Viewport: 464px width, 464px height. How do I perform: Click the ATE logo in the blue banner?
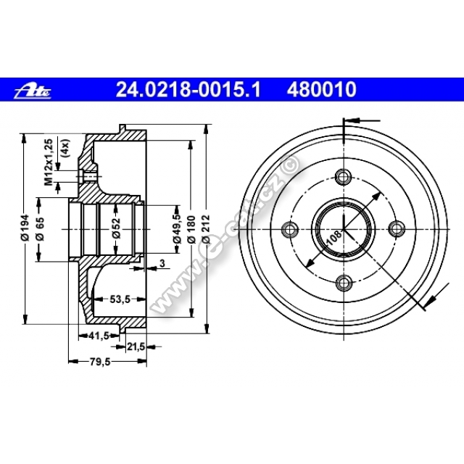click(x=33, y=90)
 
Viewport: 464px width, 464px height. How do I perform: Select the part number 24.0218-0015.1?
click(x=188, y=89)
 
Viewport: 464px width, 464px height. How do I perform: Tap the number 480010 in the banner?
click(x=321, y=89)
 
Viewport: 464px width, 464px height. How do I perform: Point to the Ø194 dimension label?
click(x=25, y=227)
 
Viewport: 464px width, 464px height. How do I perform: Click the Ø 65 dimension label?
click(x=40, y=229)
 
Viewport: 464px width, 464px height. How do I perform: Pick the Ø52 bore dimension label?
click(x=116, y=228)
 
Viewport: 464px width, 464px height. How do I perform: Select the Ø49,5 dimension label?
click(x=177, y=228)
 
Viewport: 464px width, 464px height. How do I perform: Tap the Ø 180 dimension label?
click(x=191, y=230)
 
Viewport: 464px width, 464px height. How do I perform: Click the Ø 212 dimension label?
click(x=206, y=229)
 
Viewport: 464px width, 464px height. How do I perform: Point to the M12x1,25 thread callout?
click(x=49, y=162)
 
